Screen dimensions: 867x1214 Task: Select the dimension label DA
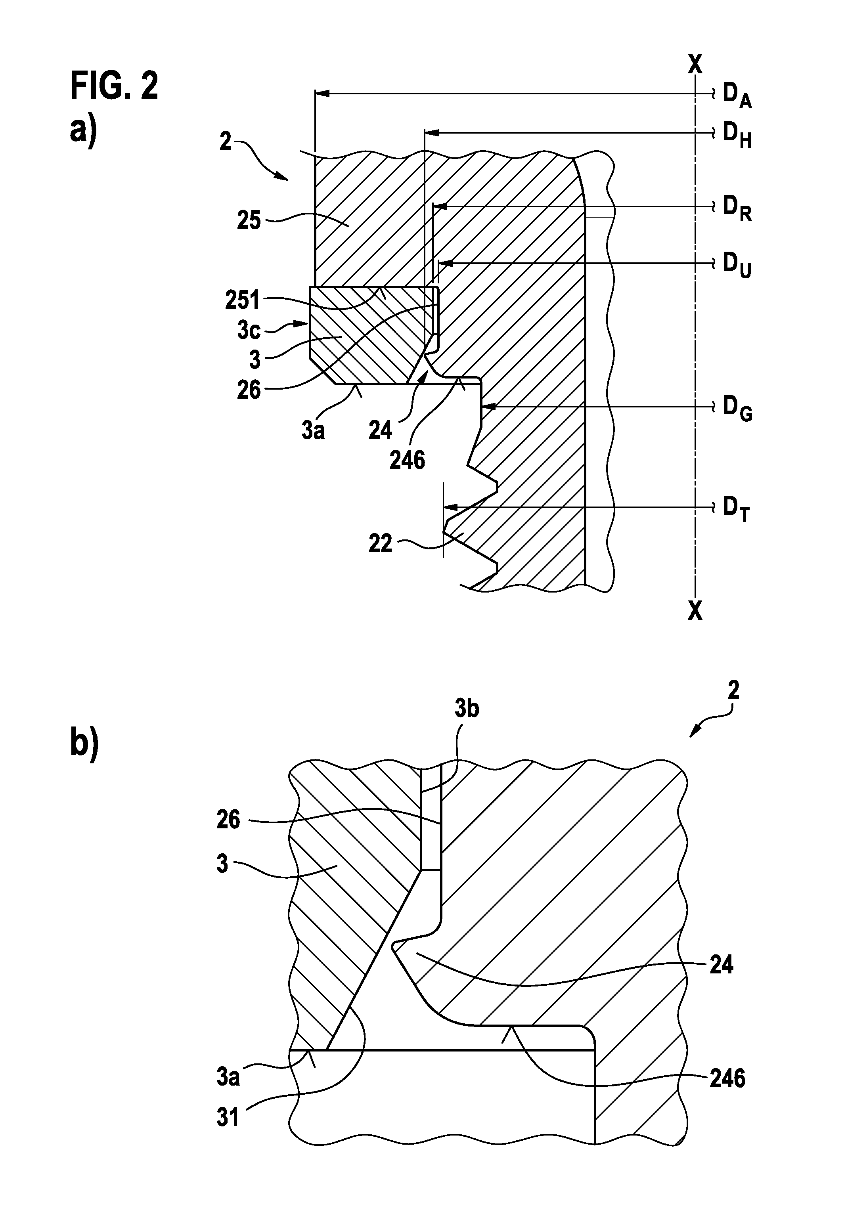pyautogui.click(x=737, y=97)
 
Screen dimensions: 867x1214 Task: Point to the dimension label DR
pyautogui.click(x=737, y=208)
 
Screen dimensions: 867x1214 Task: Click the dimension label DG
pyautogui.click(x=738, y=409)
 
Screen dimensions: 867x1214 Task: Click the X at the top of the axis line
pyautogui.click(x=695, y=64)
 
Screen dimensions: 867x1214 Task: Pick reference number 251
pyautogui.click(x=242, y=300)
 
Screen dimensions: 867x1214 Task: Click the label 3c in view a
pyautogui.click(x=249, y=331)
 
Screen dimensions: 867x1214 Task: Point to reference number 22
pyautogui.click(x=380, y=544)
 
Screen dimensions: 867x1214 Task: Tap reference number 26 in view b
pyautogui.click(x=228, y=820)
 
